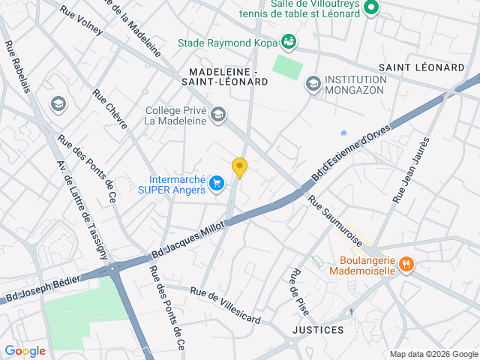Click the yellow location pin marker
239,167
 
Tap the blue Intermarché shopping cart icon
217,182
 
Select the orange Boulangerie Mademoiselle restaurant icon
406,263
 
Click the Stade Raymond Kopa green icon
288,40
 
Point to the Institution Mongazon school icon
313,82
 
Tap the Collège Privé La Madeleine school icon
217,114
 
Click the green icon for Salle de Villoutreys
371,9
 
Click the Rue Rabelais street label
18,67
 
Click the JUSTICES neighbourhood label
317,330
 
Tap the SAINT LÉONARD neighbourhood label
421,67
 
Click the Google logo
25,350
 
